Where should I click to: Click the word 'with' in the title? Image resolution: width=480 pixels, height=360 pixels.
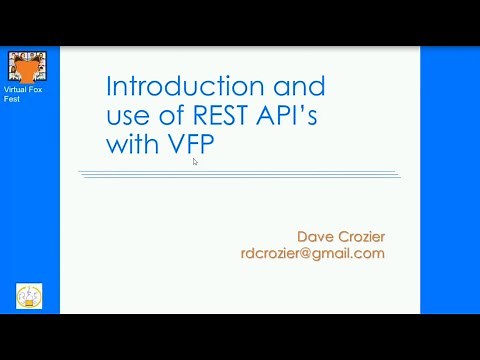point(130,145)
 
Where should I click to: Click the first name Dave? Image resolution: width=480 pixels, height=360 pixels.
point(315,236)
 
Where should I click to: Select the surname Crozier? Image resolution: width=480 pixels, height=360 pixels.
point(360,236)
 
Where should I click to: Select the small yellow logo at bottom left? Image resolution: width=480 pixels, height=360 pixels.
point(29,296)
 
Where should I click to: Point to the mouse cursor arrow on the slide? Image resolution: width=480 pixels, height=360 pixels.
point(195,161)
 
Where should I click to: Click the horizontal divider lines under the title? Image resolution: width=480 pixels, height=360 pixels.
point(239,175)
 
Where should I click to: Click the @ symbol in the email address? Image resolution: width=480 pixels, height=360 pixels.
point(312,254)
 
